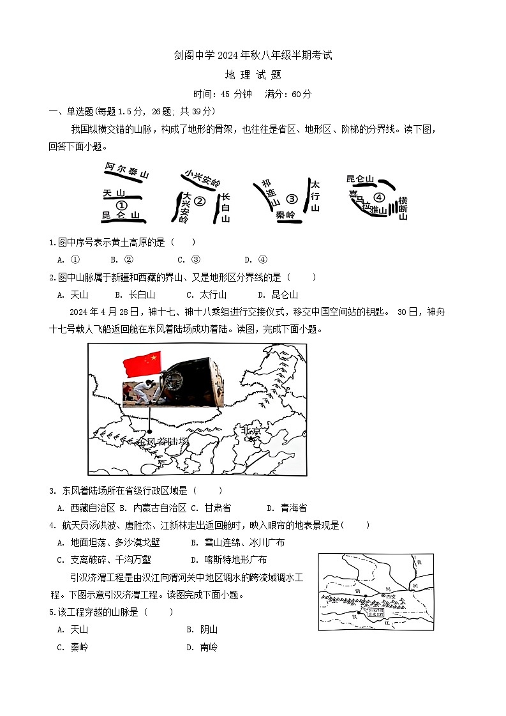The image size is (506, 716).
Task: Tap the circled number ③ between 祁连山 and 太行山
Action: point(292,199)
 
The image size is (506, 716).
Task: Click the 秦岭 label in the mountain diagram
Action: point(285,215)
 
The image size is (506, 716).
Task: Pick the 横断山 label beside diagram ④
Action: point(403,209)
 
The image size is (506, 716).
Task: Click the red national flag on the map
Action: point(142,364)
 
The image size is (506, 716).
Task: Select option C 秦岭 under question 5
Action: point(73,646)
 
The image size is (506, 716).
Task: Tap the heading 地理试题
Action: point(253,75)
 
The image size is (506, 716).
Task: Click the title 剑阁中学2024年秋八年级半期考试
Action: point(253,56)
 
